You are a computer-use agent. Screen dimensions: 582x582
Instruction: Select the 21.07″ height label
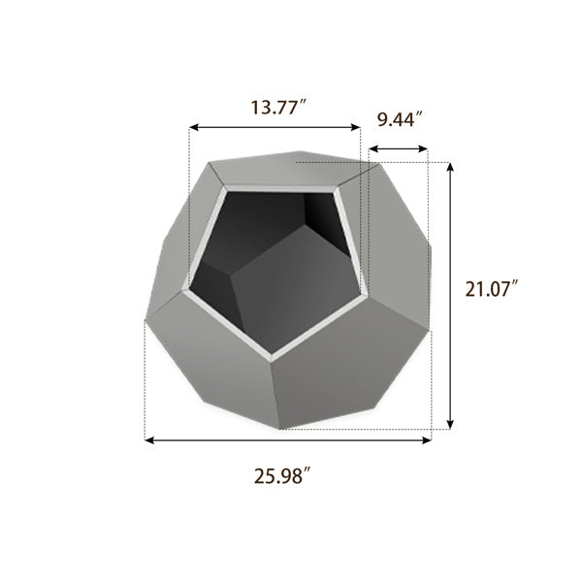click(x=492, y=288)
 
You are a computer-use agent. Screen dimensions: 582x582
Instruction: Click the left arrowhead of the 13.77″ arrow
click(x=193, y=127)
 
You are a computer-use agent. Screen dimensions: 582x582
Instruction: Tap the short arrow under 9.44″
click(x=399, y=149)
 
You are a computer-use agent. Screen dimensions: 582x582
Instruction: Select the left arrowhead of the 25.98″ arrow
click(x=149, y=440)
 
